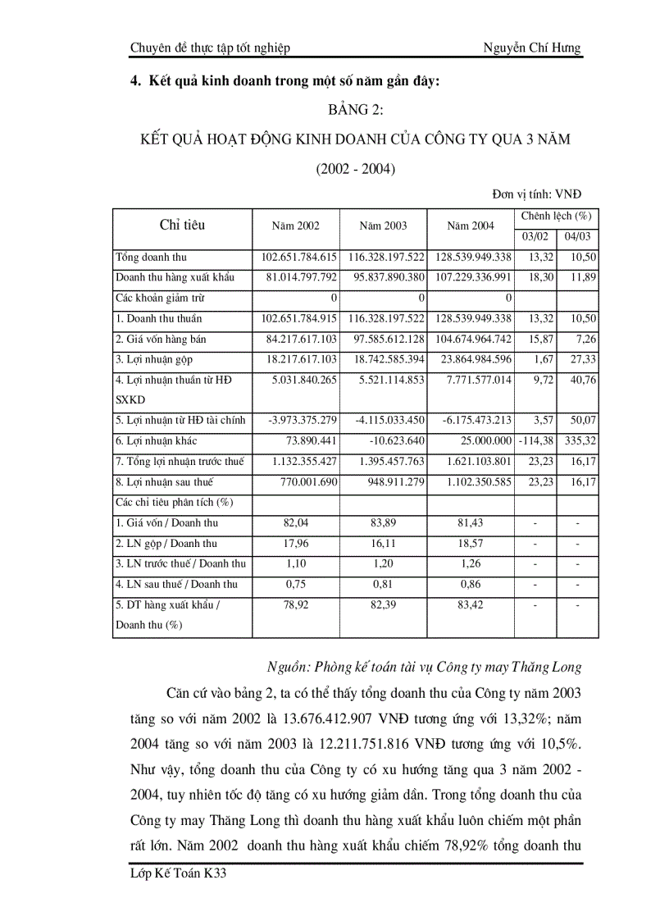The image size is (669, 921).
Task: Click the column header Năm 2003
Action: [x=383, y=226]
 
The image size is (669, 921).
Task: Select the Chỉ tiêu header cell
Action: [x=182, y=225]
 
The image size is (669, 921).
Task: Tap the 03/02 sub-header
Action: [x=535, y=236]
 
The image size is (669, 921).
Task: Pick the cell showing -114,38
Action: [x=535, y=441]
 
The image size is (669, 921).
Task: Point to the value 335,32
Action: [x=580, y=441]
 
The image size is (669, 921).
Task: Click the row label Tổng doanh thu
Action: [x=152, y=258]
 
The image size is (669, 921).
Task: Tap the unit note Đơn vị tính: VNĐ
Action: [x=536, y=194]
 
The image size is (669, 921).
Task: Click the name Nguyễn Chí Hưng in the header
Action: [x=532, y=48]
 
